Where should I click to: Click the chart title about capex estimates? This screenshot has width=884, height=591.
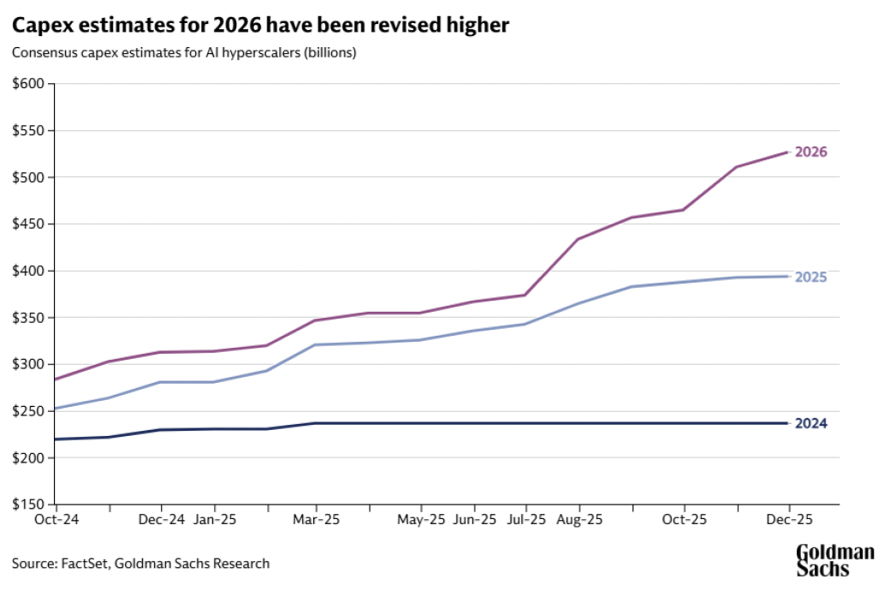(260, 26)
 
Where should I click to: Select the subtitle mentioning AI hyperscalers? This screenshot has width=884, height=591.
(184, 53)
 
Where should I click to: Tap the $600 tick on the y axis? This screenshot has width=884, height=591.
(29, 84)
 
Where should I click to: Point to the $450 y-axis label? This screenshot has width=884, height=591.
(29, 224)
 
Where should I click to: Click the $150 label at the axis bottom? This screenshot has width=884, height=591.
(29, 504)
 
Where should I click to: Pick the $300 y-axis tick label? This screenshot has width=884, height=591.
(29, 364)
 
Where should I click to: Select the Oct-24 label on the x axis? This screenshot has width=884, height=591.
(56, 520)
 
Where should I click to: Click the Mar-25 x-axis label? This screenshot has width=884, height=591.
(317, 520)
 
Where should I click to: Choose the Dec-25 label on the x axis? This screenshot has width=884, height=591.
(787, 520)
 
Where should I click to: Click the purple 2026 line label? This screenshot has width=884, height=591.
(810, 152)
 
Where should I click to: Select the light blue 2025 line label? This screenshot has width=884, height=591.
(810, 277)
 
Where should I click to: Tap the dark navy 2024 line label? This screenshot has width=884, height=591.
(810, 423)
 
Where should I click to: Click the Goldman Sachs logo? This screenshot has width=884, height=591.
(834, 559)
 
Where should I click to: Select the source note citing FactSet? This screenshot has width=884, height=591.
(141, 564)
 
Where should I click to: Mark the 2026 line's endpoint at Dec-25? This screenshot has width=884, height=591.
(787, 152)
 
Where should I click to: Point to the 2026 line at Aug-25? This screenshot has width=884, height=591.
(578, 239)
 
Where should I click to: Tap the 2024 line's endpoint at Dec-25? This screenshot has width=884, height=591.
(787, 423)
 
